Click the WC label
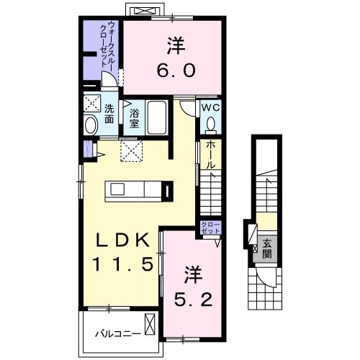click(210, 107)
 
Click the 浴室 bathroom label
click(134, 117)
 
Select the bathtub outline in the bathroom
click(157, 117)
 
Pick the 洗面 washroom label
click(109, 114)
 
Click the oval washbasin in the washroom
click(91, 124)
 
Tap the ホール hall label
click(210, 155)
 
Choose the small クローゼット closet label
click(210, 229)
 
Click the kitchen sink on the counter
click(119, 190)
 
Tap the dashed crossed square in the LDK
click(131, 150)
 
